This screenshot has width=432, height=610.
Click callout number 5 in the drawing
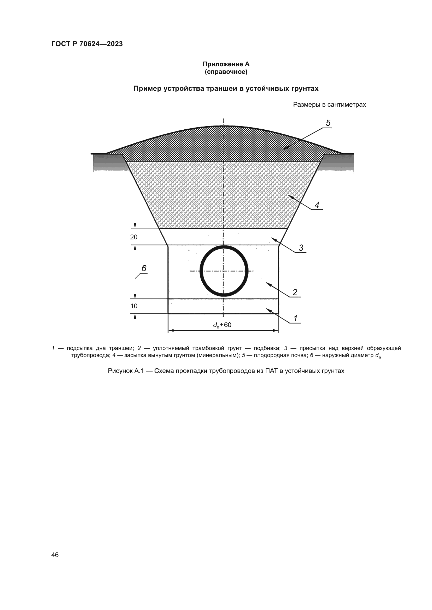[328, 123]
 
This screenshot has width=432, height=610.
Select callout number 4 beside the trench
[317, 205]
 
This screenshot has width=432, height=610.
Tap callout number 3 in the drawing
[301, 248]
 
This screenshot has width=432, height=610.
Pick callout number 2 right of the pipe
[295, 293]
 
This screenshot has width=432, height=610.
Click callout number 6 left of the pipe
[144, 269]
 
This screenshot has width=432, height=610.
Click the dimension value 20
[134, 237]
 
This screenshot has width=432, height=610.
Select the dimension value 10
[134, 306]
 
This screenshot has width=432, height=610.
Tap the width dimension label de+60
[222, 325]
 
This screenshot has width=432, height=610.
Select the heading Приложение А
[226, 64]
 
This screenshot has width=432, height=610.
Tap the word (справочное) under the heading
[226, 72]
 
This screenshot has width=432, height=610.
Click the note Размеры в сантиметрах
[329, 105]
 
